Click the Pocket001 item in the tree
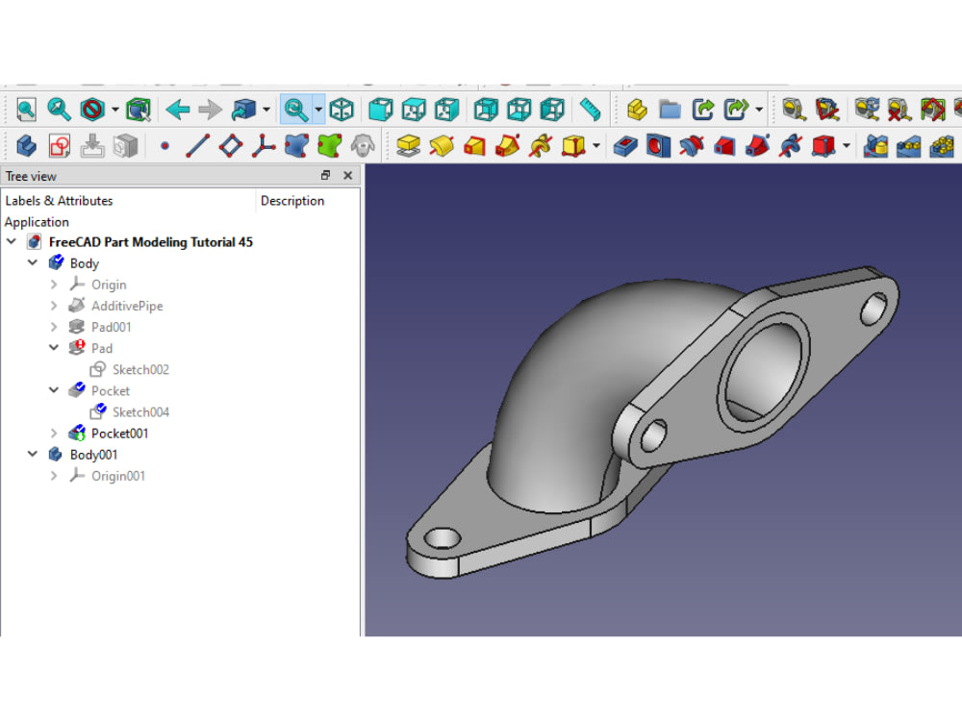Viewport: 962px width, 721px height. tap(119, 434)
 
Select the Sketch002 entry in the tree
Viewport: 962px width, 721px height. tap(140, 370)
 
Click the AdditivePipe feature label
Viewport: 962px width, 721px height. tap(127, 306)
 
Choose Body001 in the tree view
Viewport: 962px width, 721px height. tap(93, 455)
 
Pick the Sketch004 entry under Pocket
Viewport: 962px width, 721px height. tap(140, 412)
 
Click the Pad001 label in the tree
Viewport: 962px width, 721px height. tap(112, 327)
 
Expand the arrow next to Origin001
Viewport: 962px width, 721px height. tap(54, 476)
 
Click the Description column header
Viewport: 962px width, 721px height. tap(292, 201)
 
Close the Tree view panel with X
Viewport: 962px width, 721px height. tap(347, 176)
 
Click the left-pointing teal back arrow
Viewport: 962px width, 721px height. tap(178, 110)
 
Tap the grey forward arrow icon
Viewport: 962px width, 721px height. tap(210, 110)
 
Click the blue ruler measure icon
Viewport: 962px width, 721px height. tap(591, 110)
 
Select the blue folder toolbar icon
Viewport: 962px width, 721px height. tap(670, 110)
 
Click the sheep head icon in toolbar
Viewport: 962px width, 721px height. tap(362, 146)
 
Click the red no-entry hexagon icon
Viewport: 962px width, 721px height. tap(92, 110)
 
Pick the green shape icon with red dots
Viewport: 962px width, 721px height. tap(330, 146)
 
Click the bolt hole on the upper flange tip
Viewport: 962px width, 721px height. tap(873, 307)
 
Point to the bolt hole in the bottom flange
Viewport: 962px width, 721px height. tap(443, 538)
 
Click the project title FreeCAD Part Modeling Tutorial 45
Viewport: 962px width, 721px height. tap(151, 242)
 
